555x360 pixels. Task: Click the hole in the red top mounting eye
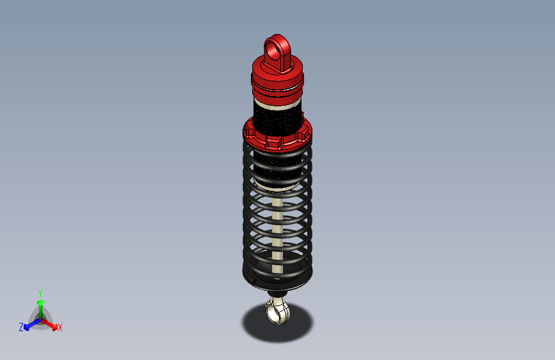click(x=277, y=47)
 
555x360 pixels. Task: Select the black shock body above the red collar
click(x=277, y=115)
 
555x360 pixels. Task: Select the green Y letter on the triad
click(x=40, y=291)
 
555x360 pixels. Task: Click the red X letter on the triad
click(x=60, y=328)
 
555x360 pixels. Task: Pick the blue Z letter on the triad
click(x=21, y=327)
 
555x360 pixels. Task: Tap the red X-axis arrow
click(x=51, y=324)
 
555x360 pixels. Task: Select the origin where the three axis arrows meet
click(x=40, y=318)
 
